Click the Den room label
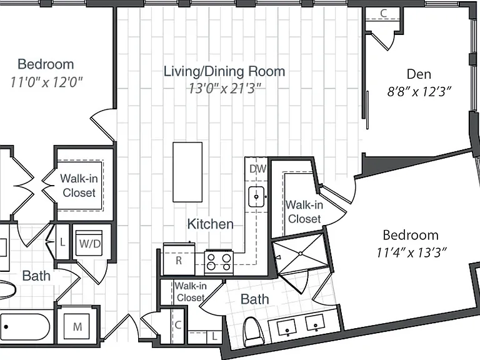coord(419,74)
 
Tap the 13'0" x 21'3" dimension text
coord(225,89)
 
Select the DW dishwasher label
coord(257,169)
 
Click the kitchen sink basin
coord(256,197)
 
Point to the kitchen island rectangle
coord(187,172)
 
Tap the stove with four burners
coord(219,262)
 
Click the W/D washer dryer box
coord(89,243)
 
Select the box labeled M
coord(77,327)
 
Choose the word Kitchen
coord(210,224)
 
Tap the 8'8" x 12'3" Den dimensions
coord(419,91)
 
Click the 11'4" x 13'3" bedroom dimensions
coord(411,253)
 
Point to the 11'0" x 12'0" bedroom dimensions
coord(46,82)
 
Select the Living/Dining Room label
coord(224,71)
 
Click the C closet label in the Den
coord(383,13)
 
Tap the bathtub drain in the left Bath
coord(6,327)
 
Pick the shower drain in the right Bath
coord(300,254)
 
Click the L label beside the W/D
coord(62,242)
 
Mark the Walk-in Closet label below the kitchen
coord(191,292)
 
